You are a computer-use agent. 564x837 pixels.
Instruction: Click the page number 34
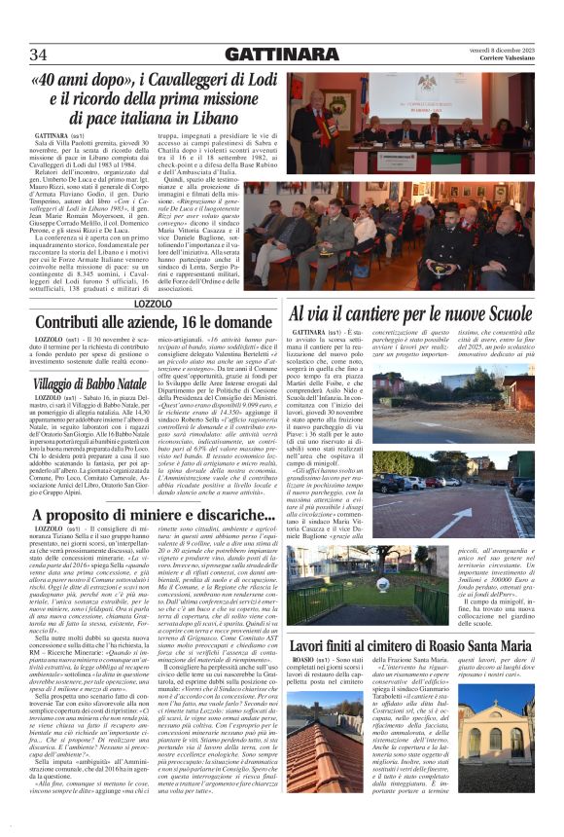coord(39,54)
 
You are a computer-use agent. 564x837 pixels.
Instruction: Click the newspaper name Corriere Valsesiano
coord(500,58)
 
